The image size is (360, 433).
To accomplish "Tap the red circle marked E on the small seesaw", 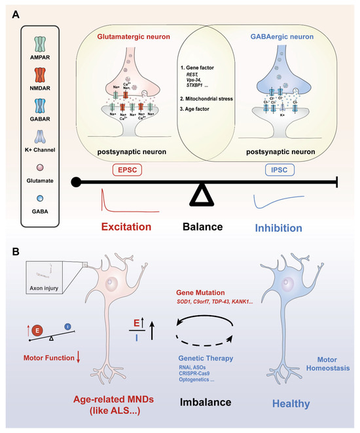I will (37, 330).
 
